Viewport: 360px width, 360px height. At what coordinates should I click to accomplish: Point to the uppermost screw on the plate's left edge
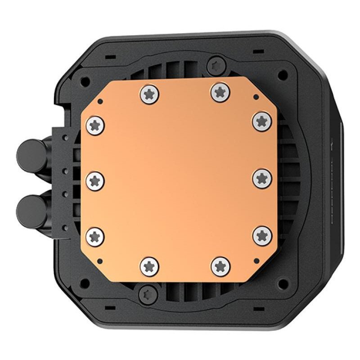coord(95,125)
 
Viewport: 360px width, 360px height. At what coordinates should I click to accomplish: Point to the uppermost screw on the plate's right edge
coord(261,121)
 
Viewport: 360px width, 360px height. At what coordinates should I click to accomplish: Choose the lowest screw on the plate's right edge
coord(261,234)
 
